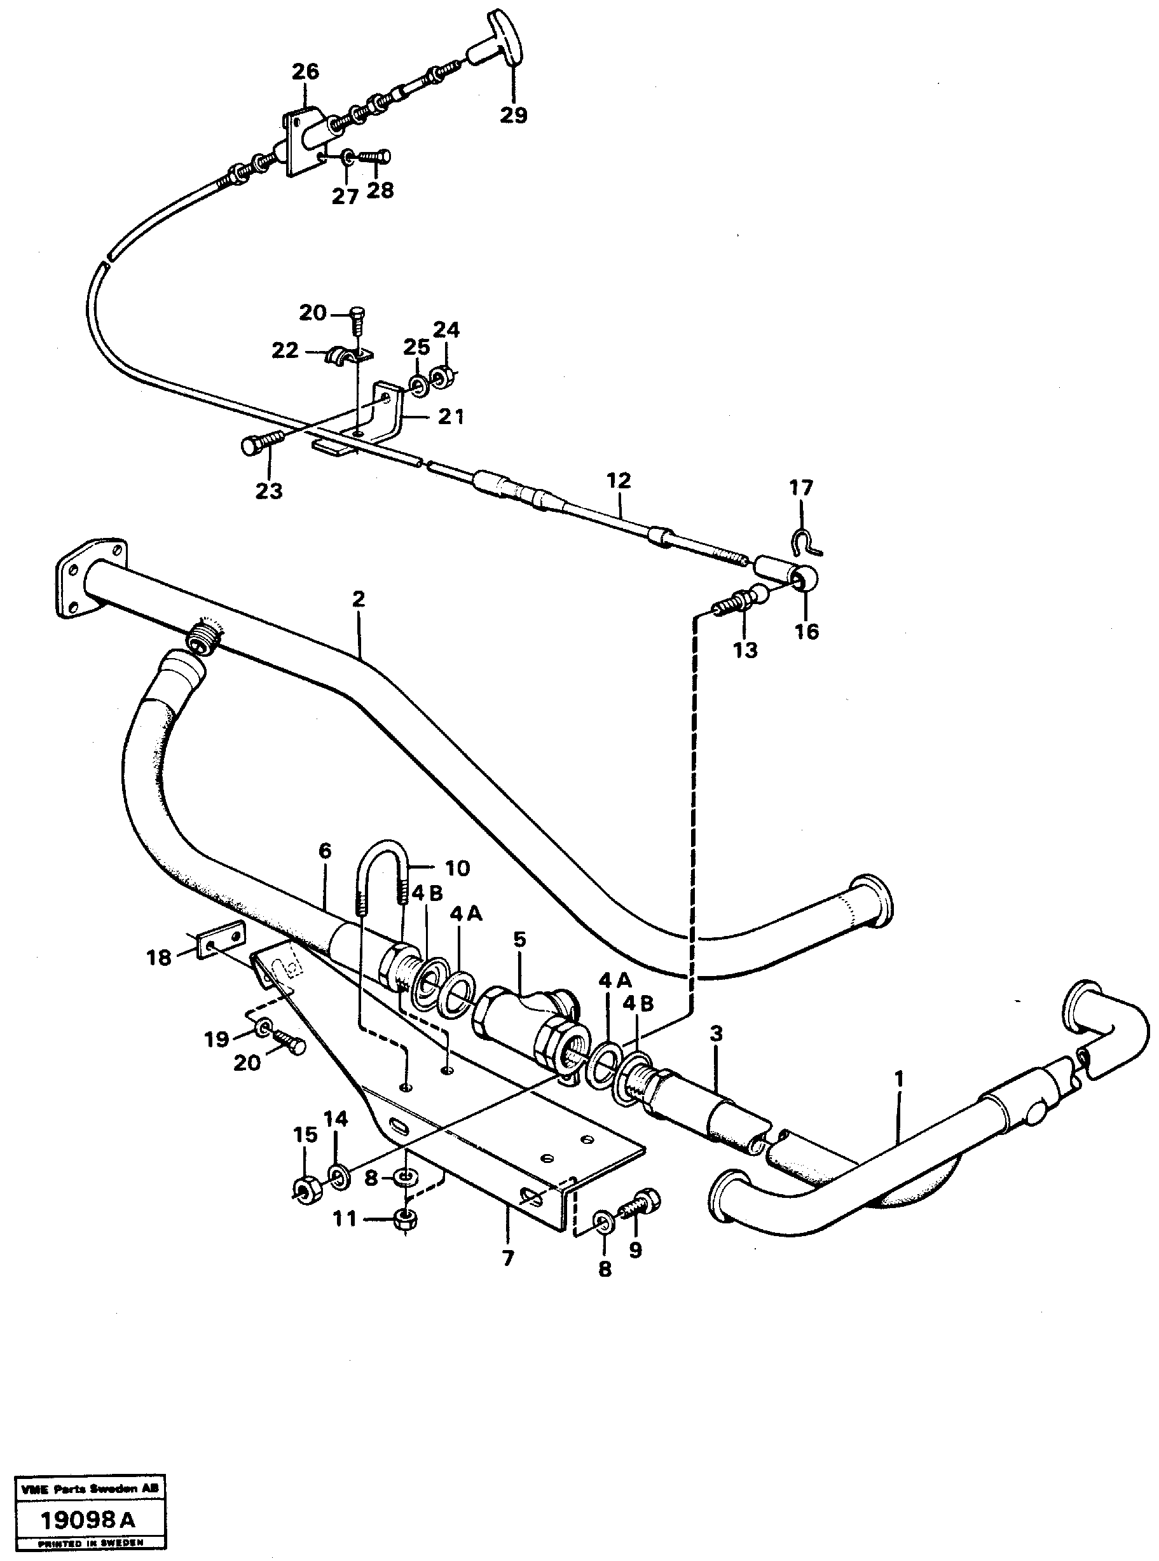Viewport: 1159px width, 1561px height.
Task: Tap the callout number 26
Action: [305, 72]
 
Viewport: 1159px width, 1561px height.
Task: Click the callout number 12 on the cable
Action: [619, 481]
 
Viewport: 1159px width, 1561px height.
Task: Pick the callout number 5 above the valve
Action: [519, 939]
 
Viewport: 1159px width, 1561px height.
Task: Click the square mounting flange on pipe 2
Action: [90, 577]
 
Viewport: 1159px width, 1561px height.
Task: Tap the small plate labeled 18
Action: [222, 938]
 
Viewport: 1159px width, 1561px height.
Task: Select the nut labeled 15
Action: [306, 1188]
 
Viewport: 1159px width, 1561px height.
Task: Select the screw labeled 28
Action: [376, 157]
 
